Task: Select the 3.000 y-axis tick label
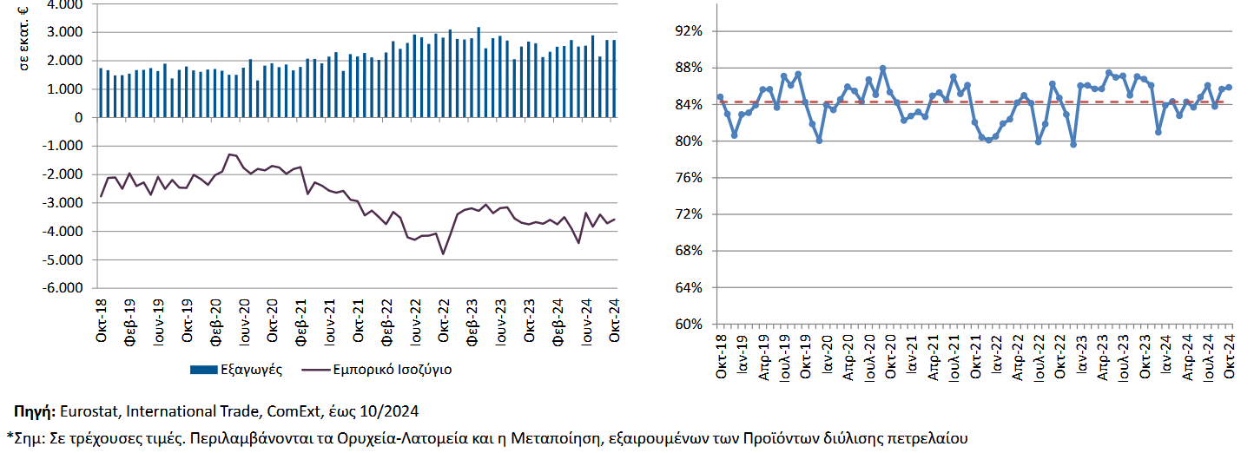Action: click(x=66, y=32)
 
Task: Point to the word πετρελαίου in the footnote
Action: click(x=926, y=437)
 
